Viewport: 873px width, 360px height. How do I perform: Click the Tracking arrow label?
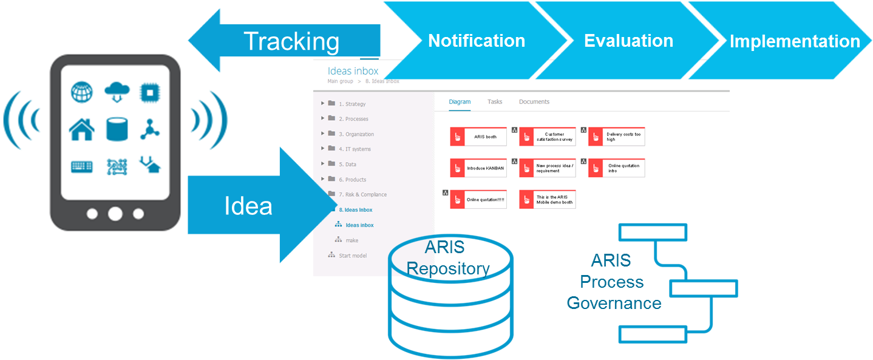291,41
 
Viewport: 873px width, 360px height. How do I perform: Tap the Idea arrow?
248,206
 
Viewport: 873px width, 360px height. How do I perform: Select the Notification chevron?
477,41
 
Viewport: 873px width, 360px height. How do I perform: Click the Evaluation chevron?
628,41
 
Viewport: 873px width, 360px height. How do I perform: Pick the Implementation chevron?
794,41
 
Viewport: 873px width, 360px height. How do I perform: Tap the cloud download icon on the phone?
117,92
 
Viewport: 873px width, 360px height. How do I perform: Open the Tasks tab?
495,102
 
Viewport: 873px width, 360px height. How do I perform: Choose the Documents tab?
534,102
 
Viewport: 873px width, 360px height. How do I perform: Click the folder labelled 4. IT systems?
355,149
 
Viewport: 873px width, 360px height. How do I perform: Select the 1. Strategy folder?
352,104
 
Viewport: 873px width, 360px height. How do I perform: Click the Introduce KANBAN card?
479,168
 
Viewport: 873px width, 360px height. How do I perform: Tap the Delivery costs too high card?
616,137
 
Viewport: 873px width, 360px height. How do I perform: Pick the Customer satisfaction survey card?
547,137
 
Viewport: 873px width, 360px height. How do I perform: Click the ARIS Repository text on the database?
447,258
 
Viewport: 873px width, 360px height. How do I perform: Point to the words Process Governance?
613,292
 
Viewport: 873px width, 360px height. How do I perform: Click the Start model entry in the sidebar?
352,256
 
